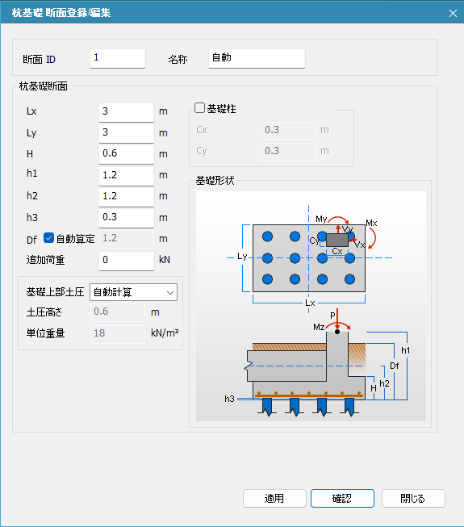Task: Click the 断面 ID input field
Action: point(118,58)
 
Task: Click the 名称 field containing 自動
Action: point(257,58)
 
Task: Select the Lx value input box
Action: point(127,112)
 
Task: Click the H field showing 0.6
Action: point(127,154)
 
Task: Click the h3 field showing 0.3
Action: point(127,218)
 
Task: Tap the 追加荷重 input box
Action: point(127,261)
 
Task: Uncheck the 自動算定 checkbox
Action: point(48,238)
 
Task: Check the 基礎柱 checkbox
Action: point(199,108)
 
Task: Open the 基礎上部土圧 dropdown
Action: point(133,292)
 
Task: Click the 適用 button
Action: point(274,498)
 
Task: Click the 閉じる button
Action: point(413,498)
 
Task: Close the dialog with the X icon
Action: point(453,13)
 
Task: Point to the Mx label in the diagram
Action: point(371,223)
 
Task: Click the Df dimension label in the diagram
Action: point(395,366)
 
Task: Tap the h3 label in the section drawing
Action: point(229,399)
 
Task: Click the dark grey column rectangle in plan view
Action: point(337,240)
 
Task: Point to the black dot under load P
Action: point(337,332)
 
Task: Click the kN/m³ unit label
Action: point(165,333)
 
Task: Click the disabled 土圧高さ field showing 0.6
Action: point(118,312)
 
